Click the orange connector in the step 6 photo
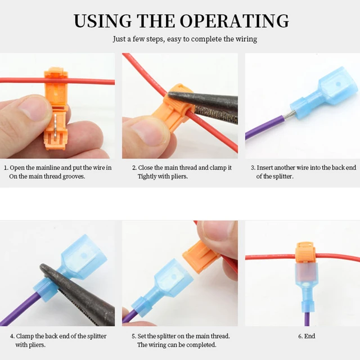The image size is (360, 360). click(x=304, y=251)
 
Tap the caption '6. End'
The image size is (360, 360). click(x=307, y=336)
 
